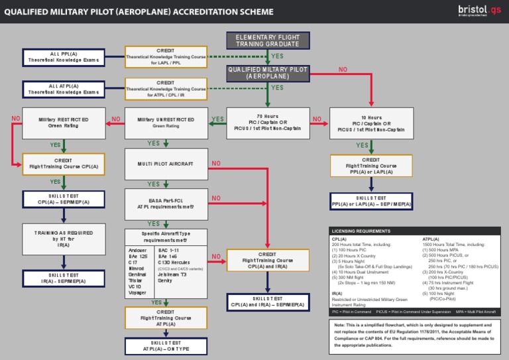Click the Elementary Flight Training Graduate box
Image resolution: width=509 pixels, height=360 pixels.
[268, 40]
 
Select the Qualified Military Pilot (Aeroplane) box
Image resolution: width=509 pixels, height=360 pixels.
[268, 73]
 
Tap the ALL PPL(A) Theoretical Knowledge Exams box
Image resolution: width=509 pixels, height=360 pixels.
[63, 56]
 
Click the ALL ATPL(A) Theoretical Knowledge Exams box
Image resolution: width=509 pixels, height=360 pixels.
[63, 89]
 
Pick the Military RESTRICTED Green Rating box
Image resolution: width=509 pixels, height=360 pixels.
[64, 123]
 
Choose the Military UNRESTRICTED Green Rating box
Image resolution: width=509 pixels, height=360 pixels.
[166, 123]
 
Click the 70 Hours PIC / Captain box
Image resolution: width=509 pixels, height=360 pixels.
[268, 123]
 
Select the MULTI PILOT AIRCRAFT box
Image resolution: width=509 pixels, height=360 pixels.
[166, 163]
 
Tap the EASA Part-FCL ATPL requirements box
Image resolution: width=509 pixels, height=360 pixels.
[166, 202]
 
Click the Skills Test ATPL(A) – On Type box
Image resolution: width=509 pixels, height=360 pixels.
[166, 345]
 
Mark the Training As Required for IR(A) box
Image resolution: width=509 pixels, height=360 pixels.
[64, 239]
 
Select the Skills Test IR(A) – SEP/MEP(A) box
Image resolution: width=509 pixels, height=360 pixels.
[64, 278]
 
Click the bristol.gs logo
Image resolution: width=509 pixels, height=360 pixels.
[481, 11]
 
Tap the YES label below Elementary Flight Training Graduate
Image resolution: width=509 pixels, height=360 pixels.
[277, 56]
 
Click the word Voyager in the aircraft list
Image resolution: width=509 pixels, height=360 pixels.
[138, 292]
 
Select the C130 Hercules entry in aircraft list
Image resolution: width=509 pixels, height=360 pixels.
[177, 263]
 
